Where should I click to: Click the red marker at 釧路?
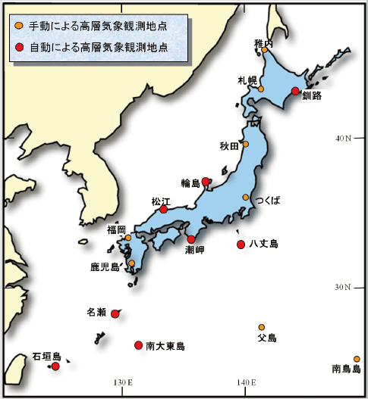295,92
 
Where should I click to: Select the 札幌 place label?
247,80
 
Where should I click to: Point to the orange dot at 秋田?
245,144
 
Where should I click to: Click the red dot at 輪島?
206,182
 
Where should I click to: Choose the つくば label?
268,201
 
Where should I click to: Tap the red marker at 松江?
164,209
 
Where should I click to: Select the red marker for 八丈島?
241,244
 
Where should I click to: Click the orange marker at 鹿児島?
132,263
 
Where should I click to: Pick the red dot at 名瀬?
115,313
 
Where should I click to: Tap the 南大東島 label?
165,346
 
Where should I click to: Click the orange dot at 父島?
262,327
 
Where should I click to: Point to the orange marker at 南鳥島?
357,359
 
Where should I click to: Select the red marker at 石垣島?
55,366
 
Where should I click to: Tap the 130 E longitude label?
122,382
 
